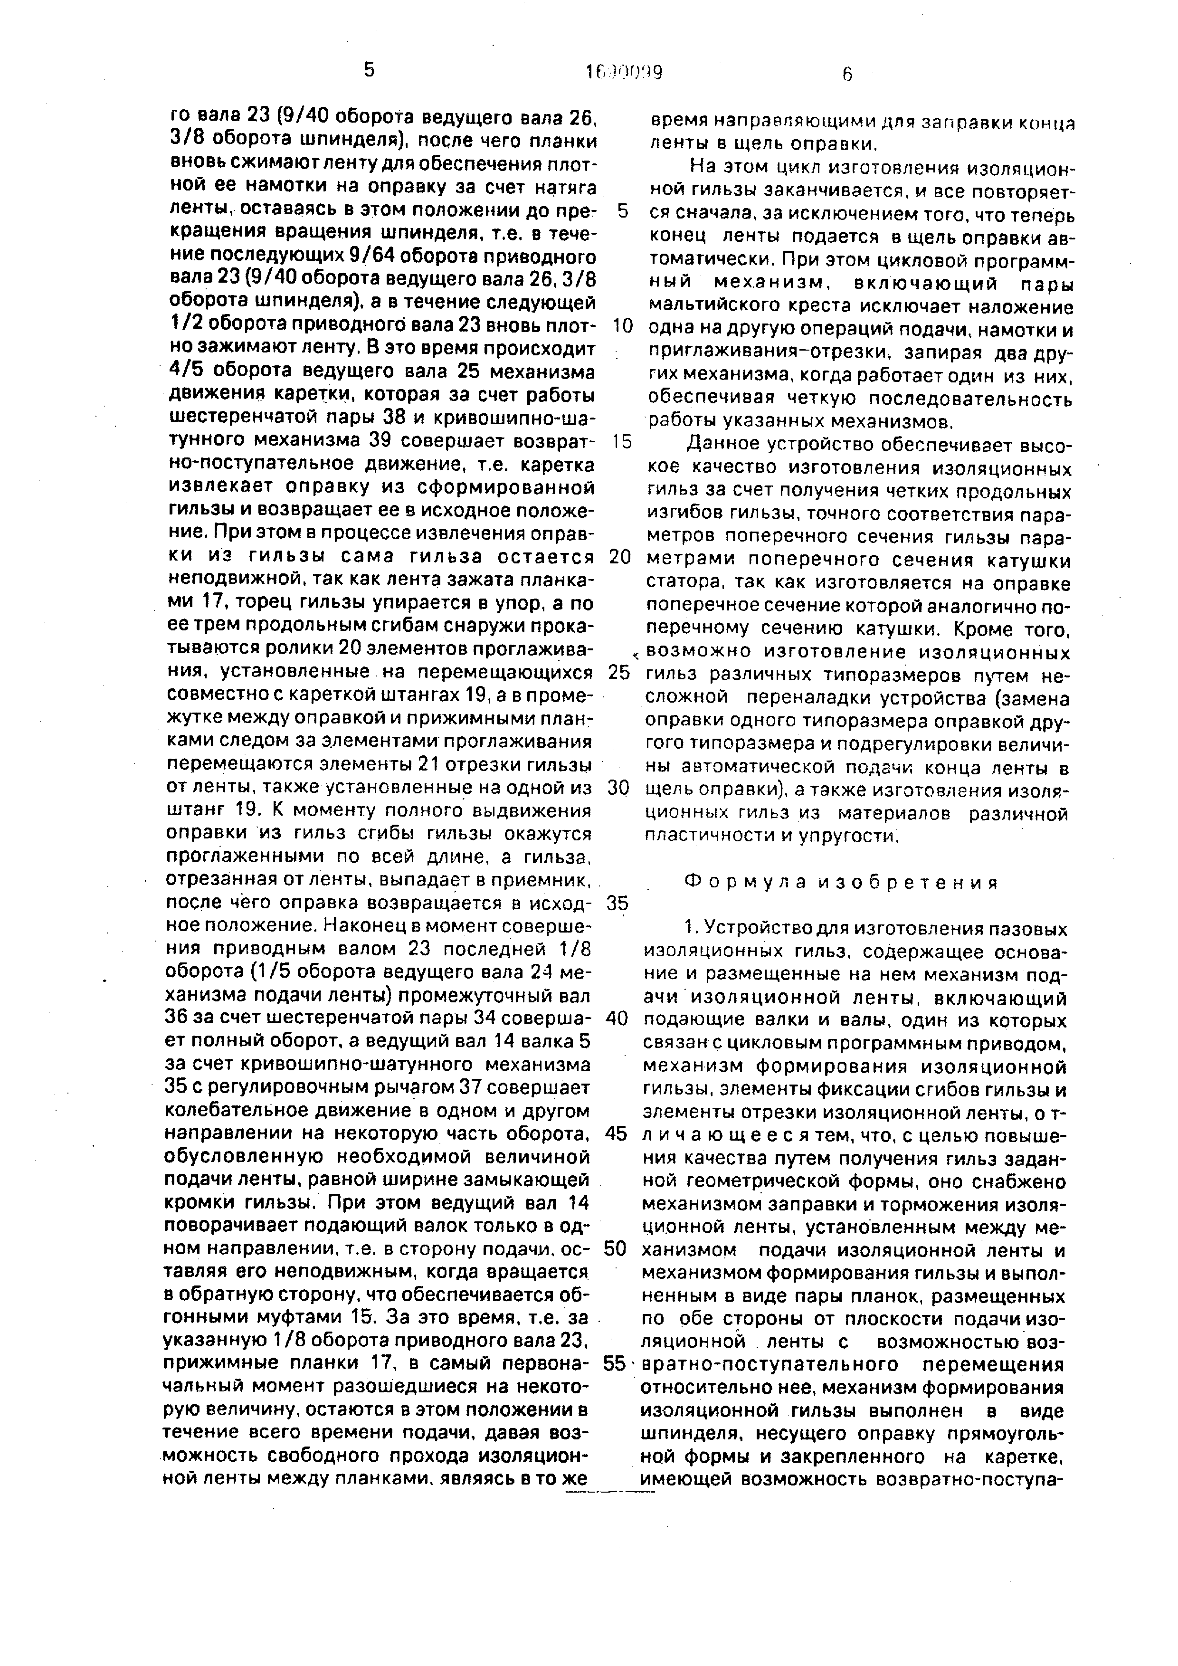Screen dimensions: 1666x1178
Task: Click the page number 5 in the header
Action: pyautogui.click(x=369, y=70)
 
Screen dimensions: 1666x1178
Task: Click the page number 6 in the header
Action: pyautogui.click(x=847, y=73)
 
